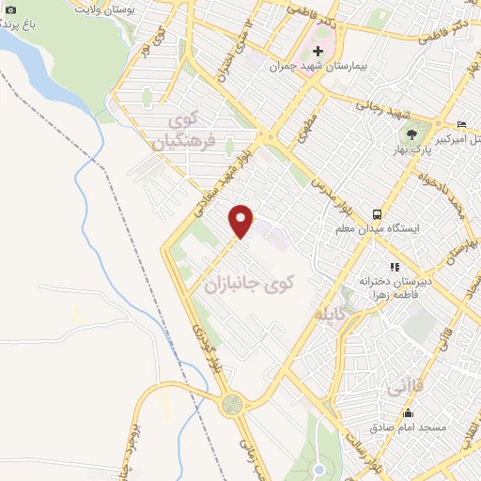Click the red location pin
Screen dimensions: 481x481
242,219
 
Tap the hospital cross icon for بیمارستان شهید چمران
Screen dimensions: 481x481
318,51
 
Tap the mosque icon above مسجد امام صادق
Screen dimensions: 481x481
407,413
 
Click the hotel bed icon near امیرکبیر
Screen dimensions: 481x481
460,125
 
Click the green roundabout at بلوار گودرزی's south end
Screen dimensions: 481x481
232,405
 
